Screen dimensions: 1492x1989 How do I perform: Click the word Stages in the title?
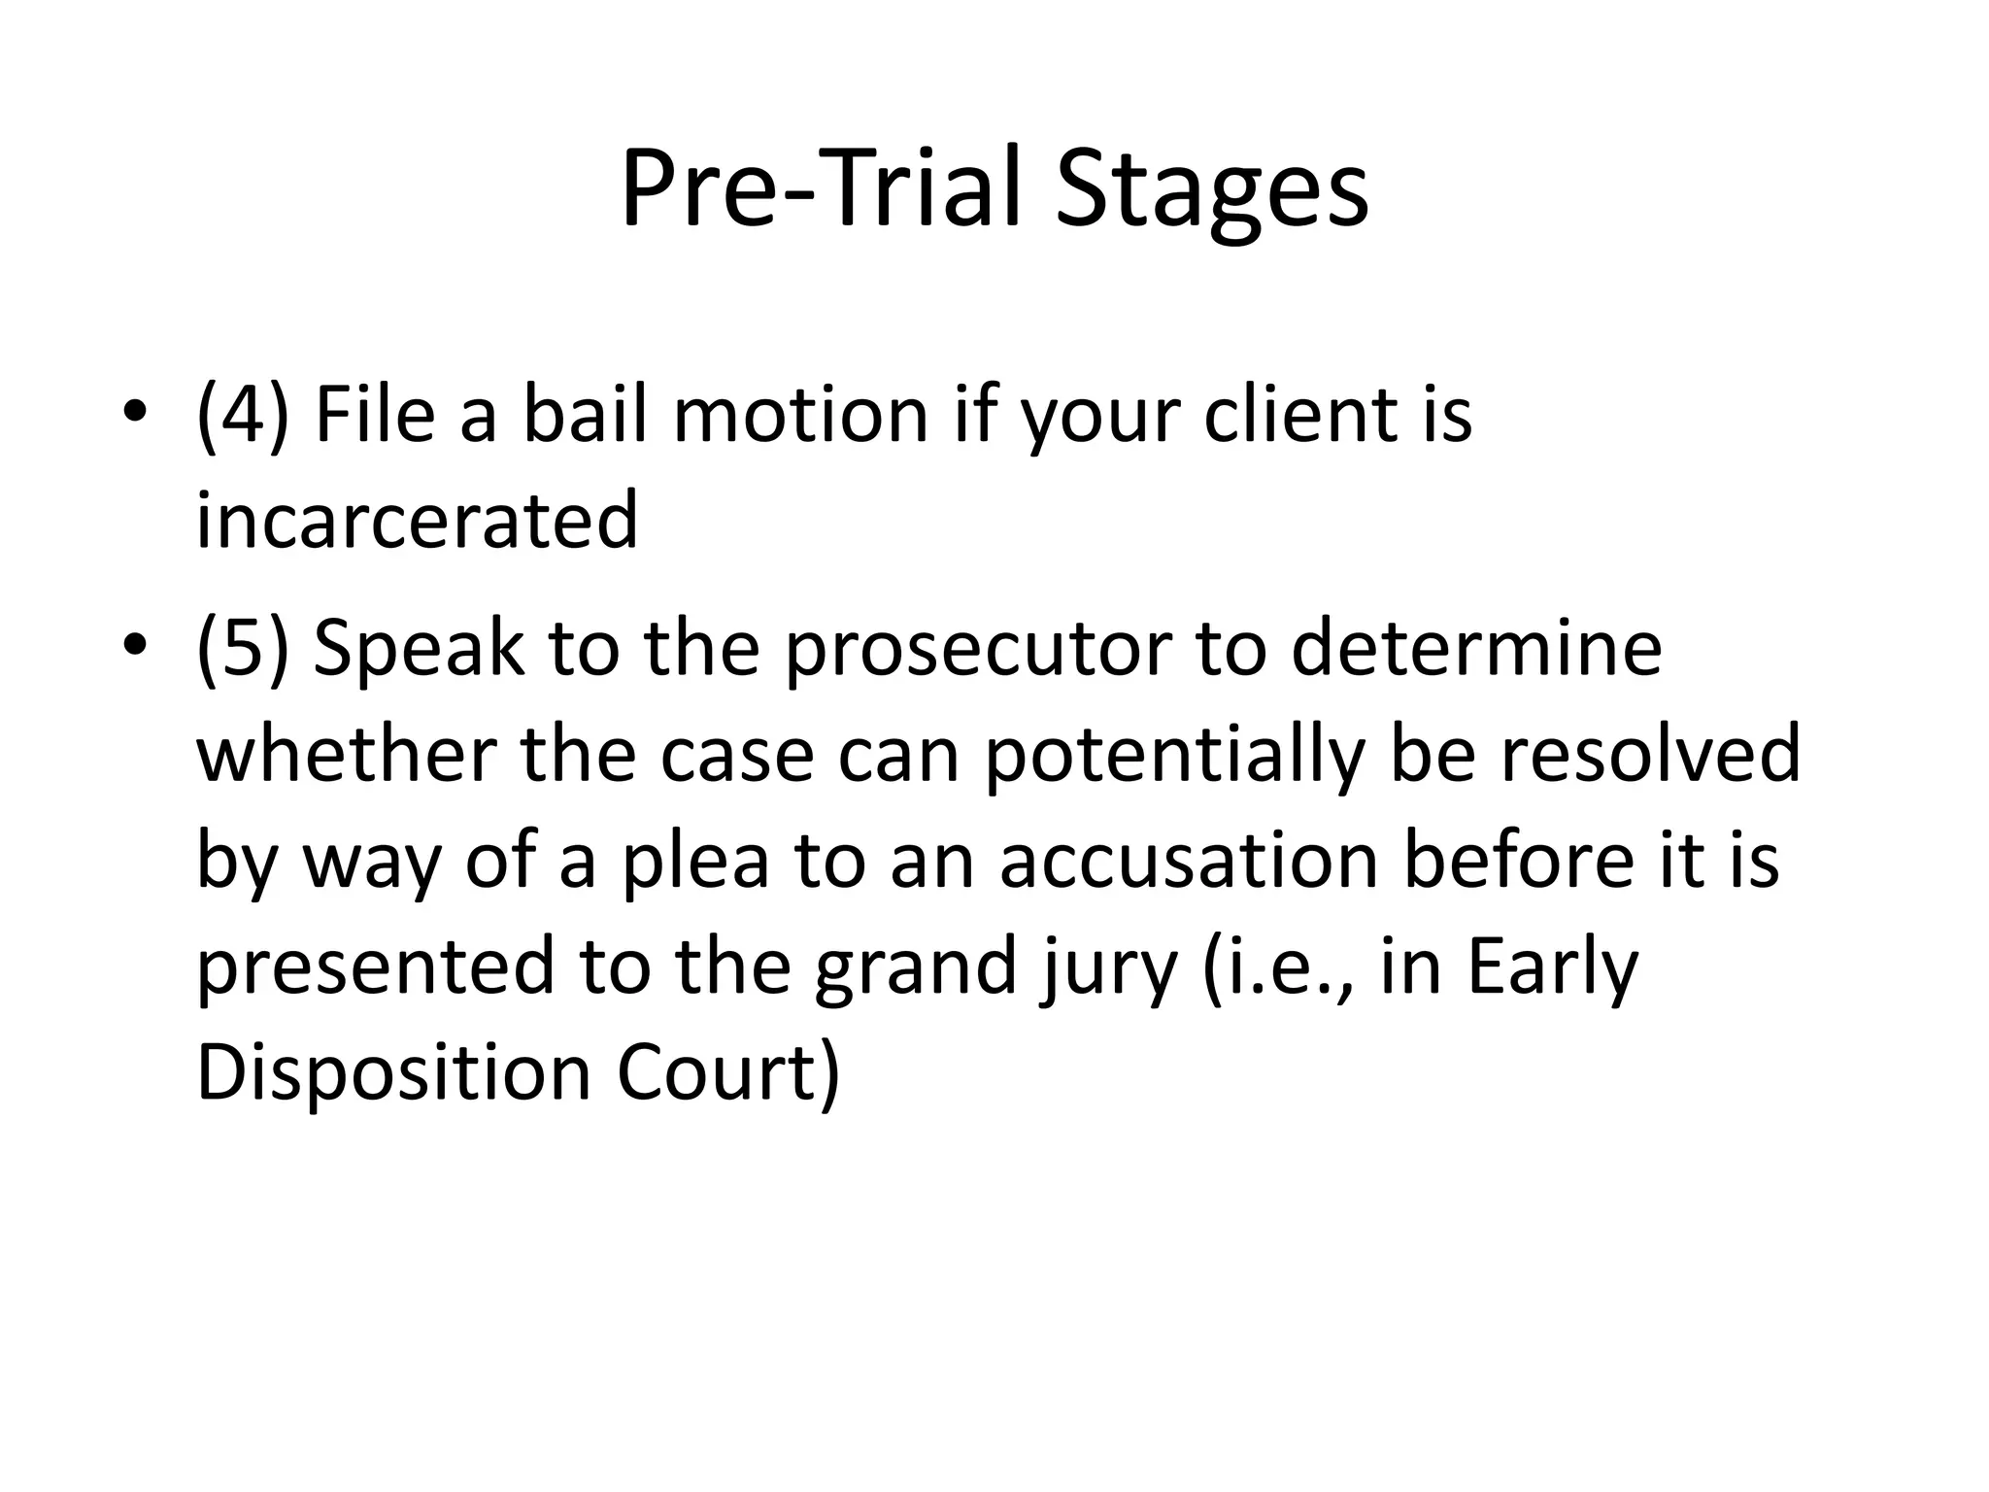pyautogui.click(x=1211, y=189)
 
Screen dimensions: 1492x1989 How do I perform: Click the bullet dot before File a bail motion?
pyautogui.click(x=135, y=412)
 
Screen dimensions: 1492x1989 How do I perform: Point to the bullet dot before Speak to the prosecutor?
pyautogui.click(x=135, y=645)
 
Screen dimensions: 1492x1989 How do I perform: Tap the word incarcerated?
pyautogui.click(x=418, y=521)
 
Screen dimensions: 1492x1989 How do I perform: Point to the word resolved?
pyautogui.click(x=1650, y=754)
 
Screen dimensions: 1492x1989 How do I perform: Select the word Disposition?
pyautogui.click(x=393, y=1074)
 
